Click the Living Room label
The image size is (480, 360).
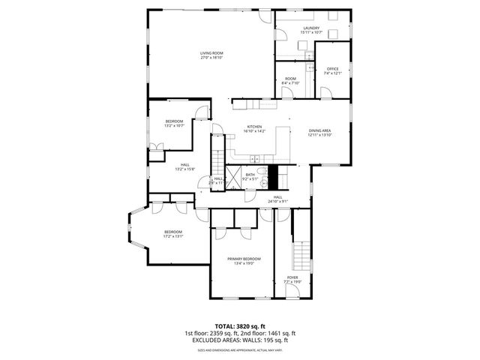pyautogui.click(x=211, y=52)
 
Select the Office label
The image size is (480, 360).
pyautogui.click(x=332, y=69)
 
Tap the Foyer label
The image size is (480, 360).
pyautogui.click(x=292, y=277)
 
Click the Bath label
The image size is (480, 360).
pyautogui.click(x=250, y=174)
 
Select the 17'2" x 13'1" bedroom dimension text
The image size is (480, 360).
pyautogui.click(x=173, y=236)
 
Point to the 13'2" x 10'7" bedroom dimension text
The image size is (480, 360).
pyautogui.click(x=175, y=125)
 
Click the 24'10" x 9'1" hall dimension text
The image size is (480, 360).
pyautogui.click(x=277, y=201)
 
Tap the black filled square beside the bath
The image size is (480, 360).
pyautogui.click(x=273, y=177)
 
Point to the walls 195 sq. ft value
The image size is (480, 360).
pyautogui.click(x=272, y=340)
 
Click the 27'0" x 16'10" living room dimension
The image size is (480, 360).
pyautogui.click(x=211, y=58)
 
